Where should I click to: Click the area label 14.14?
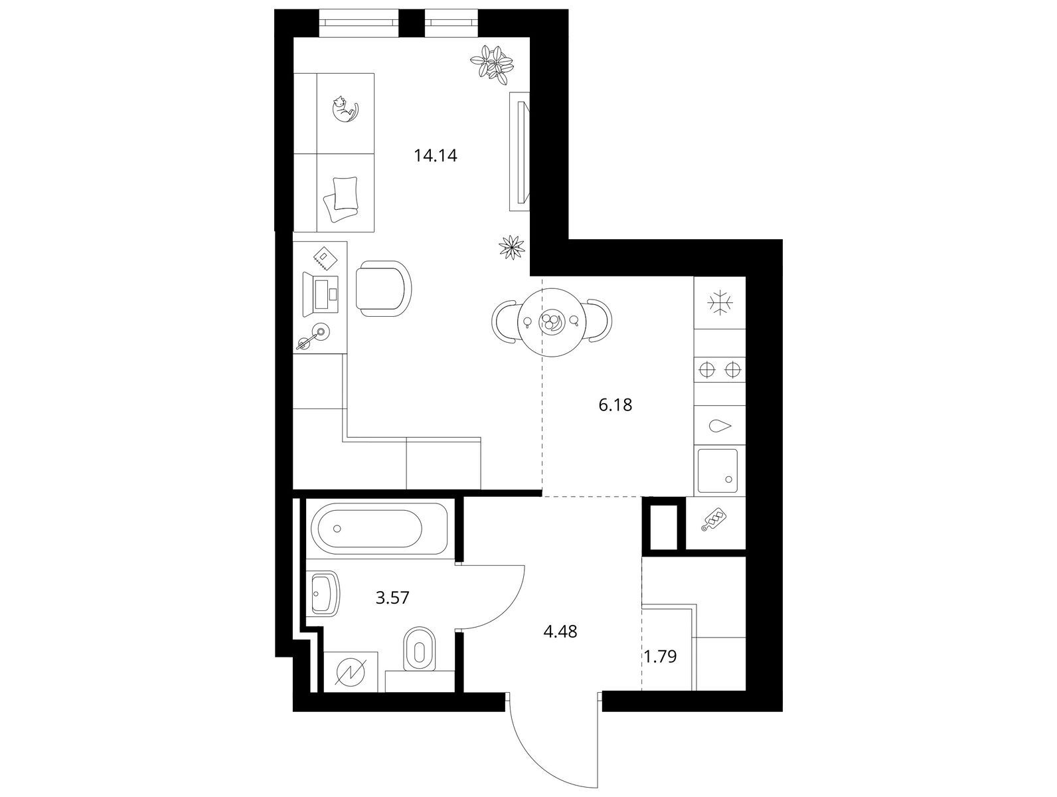[x=436, y=155]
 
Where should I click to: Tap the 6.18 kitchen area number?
[x=615, y=404]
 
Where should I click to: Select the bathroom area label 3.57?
[x=392, y=598]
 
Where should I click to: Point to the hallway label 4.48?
[x=560, y=631]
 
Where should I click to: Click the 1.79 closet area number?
[x=661, y=656]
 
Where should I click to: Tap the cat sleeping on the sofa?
[x=345, y=110]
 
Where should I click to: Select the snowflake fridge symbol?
[x=720, y=303]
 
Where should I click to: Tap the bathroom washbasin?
[x=325, y=594]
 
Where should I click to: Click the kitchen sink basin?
[x=718, y=471]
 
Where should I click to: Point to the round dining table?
[x=551, y=322]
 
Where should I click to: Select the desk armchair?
[x=384, y=288]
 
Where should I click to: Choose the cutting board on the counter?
[x=714, y=519]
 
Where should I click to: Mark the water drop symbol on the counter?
[x=720, y=426]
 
